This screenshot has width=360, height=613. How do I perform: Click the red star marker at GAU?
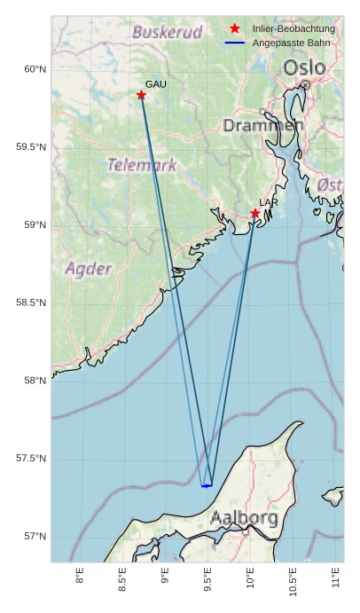[141, 95]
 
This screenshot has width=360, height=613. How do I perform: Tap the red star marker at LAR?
[255, 213]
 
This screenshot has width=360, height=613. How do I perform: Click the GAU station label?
[156, 84]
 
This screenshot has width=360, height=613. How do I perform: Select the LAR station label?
[269, 203]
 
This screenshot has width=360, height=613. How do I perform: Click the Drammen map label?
[263, 126]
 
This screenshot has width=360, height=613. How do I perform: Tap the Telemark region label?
[142, 165]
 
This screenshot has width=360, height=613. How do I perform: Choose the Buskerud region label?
[168, 33]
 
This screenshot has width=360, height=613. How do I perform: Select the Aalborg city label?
[244, 517]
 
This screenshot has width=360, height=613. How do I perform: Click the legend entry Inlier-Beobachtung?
[293, 29]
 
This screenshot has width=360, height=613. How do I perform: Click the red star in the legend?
[235, 29]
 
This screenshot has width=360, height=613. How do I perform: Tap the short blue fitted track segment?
[207, 486]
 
